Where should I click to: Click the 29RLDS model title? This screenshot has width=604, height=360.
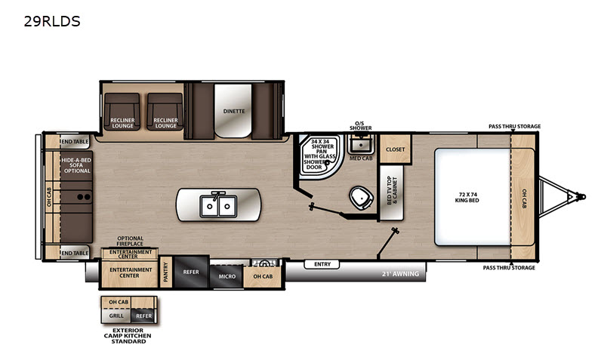click(52, 21)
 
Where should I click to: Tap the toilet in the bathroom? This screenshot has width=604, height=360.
click(361, 198)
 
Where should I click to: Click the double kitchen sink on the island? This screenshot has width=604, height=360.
click(218, 205)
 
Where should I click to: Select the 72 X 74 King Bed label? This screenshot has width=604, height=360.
click(467, 198)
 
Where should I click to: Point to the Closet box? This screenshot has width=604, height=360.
click(396, 149)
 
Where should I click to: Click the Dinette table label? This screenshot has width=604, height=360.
click(234, 111)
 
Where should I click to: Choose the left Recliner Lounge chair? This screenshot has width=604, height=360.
click(122, 112)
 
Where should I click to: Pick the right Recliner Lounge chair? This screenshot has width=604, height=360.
click(165, 112)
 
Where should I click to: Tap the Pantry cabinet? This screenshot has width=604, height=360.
click(166, 272)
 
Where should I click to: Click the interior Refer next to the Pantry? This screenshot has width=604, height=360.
click(191, 272)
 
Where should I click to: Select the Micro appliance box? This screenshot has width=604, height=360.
click(227, 276)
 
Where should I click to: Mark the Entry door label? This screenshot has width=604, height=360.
click(322, 264)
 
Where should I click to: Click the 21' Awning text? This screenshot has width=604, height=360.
click(400, 274)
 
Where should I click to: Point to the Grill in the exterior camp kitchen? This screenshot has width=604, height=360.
click(116, 315)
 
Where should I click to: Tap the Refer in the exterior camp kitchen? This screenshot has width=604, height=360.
click(143, 315)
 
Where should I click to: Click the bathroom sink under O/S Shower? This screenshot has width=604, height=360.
click(361, 144)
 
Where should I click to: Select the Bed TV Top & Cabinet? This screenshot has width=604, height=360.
click(392, 192)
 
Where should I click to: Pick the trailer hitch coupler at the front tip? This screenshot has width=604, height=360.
click(580, 197)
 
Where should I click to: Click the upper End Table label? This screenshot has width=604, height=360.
click(75, 142)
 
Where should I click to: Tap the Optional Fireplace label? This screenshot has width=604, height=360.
click(130, 241)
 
